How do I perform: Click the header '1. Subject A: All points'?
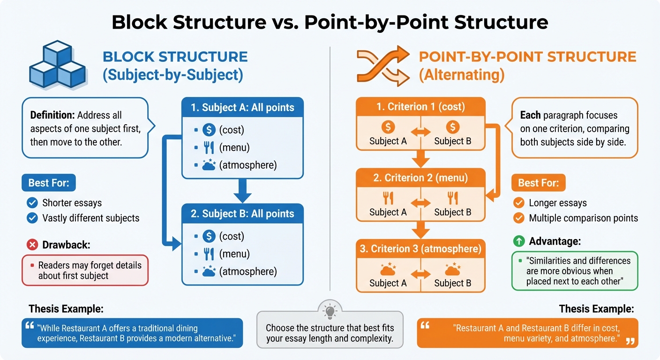(242, 107)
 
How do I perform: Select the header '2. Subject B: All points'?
(242, 214)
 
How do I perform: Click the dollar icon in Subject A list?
(209, 130)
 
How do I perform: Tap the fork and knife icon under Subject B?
(209, 254)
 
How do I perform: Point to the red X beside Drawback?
(32, 244)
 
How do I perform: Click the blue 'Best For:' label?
(48, 183)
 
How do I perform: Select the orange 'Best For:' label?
(538, 183)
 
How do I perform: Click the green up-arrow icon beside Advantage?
(519, 241)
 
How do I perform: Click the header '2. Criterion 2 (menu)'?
(420, 178)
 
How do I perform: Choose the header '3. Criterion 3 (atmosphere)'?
(420, 249)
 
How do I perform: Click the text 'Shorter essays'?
(72, 203)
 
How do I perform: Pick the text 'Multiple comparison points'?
(583, 218)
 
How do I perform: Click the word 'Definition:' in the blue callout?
(52, 115)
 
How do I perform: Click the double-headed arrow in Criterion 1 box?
(420, 133)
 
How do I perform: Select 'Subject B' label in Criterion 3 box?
(452, 283)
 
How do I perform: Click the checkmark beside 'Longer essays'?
(518, 203)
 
